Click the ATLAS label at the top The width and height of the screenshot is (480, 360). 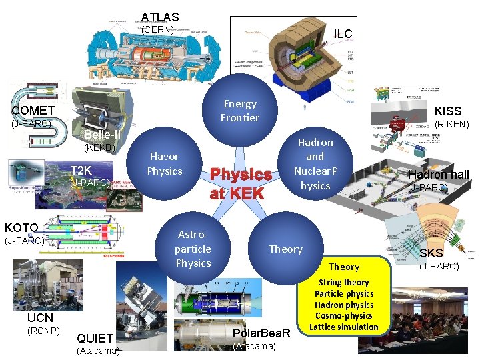[160, 17]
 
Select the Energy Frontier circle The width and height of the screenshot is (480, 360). [240, 111]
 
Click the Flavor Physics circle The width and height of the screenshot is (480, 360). [164, 163]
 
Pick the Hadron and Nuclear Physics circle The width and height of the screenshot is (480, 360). [315, 163]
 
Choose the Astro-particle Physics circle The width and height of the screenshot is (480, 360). [193, 249]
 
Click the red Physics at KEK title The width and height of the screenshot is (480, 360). [241, 184]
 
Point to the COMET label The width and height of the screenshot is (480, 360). [33, 110]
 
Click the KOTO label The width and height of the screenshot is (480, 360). [21, 227]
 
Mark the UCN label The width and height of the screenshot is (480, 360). [41, 318]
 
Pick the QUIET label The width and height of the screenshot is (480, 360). [95, 338]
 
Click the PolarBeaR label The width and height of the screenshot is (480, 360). [262, 333]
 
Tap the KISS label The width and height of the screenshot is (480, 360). [448, 111]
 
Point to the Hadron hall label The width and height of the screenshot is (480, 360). [439, 175]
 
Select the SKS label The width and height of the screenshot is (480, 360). [431, 253]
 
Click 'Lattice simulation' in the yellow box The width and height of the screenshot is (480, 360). [344, 327]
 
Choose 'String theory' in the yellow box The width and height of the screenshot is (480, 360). [343, 282]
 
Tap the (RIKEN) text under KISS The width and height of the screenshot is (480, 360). [451, 125]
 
